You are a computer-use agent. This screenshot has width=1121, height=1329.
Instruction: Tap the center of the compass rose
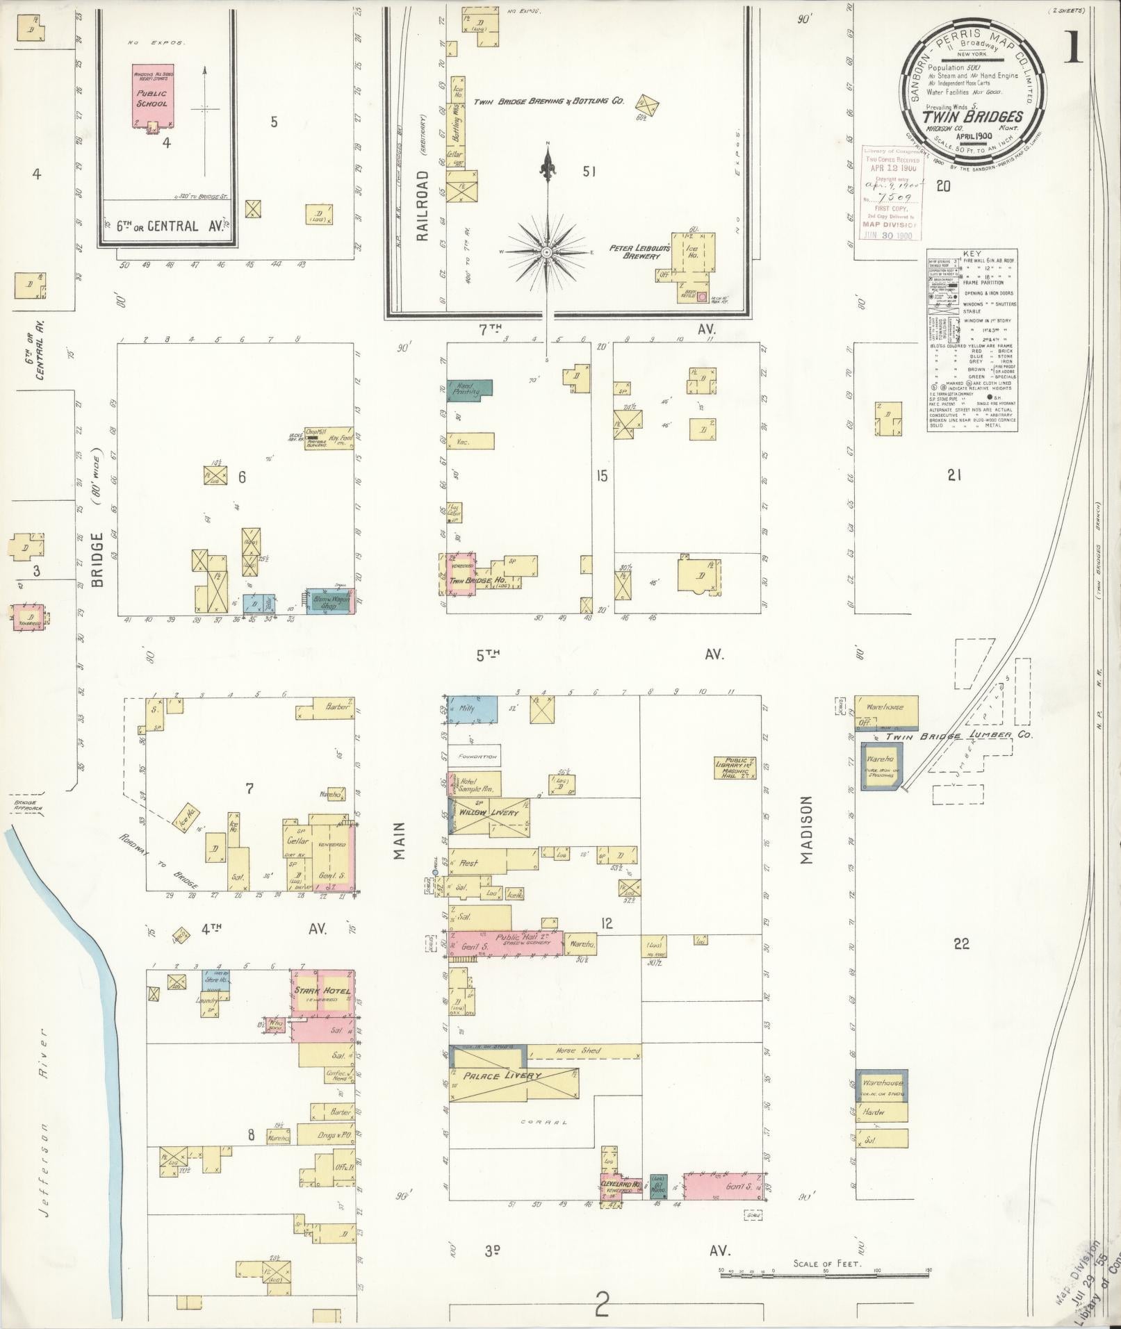(548, 251)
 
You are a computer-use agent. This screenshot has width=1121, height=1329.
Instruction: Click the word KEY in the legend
(972, 255)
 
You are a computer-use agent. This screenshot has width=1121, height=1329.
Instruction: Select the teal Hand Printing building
(469, 389)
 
